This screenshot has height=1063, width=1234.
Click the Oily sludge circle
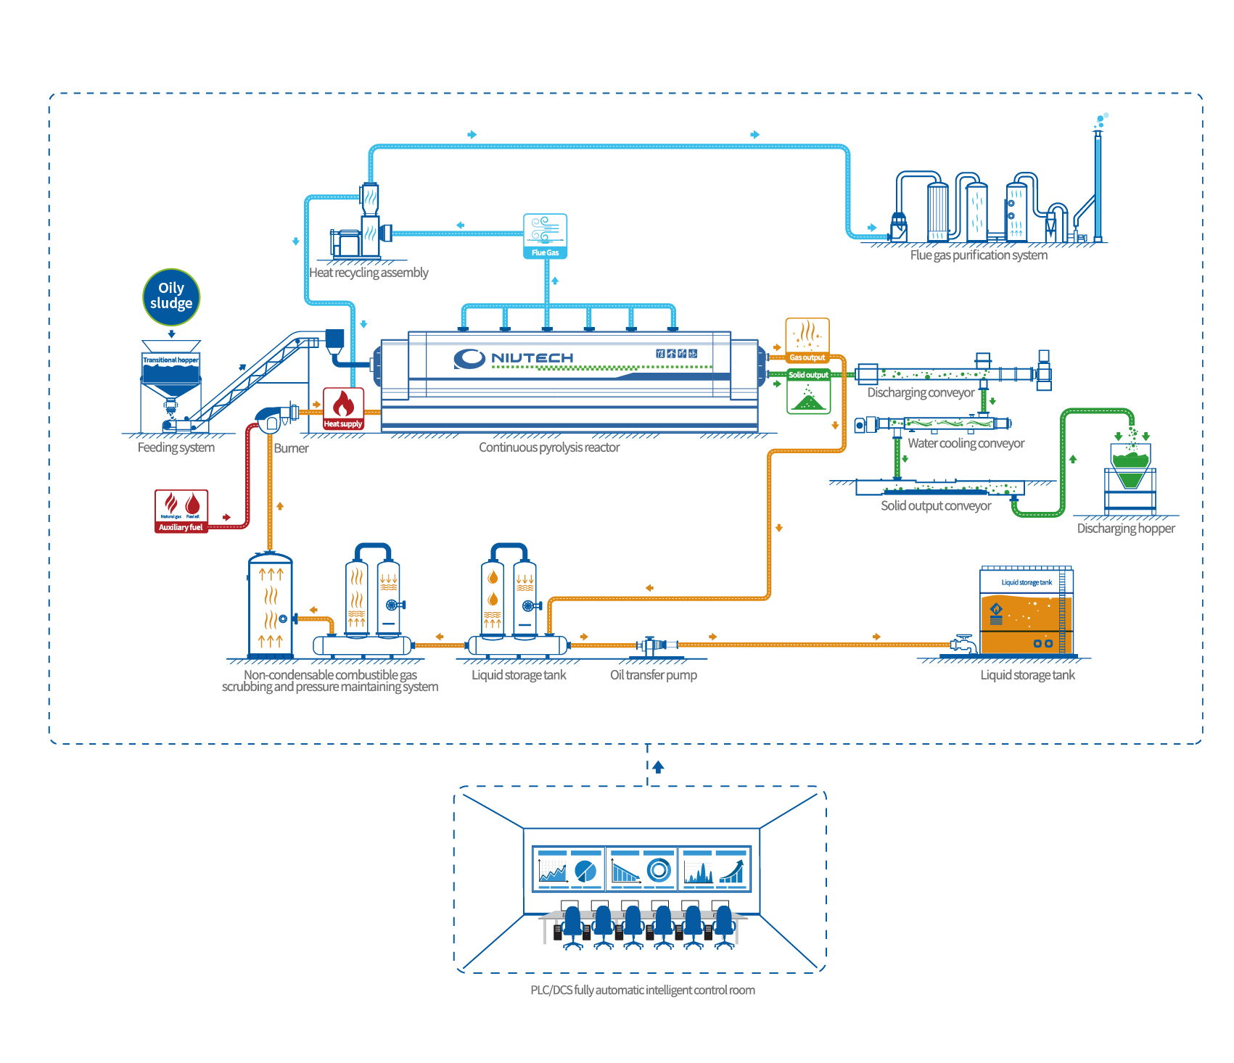171,297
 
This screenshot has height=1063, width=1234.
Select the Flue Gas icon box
545,236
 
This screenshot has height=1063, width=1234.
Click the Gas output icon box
807,339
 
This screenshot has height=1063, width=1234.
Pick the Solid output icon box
808,392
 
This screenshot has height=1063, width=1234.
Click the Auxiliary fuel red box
181,511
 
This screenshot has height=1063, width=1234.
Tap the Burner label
291,448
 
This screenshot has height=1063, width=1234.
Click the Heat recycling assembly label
369,273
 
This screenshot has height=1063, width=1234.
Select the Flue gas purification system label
978,255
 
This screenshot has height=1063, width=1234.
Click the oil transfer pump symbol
654,645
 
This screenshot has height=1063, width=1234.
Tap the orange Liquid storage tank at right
1026,613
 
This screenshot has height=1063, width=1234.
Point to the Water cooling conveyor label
966,443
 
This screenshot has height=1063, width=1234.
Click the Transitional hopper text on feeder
170,360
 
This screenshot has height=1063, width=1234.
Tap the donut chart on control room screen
659,869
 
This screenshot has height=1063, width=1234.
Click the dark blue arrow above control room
658,766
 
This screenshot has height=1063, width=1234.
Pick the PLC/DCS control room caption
642,990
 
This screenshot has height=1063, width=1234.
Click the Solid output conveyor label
935,505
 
